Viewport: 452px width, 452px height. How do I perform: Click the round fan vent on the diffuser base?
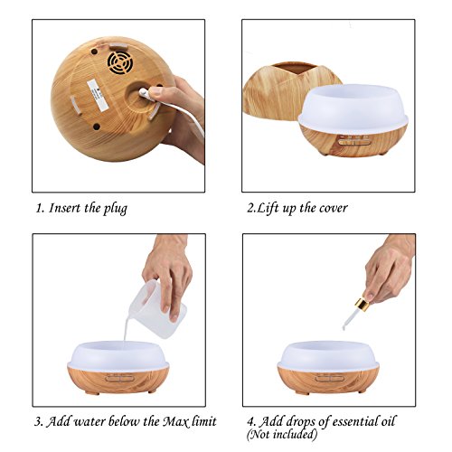coord(120,62)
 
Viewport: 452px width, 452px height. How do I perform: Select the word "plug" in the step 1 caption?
coord(116,209)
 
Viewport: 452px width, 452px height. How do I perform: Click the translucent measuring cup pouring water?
coord(156,308)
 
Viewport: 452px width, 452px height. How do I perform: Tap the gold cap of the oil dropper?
coord(362,305)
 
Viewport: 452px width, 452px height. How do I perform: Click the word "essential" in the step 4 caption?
coord(351,421)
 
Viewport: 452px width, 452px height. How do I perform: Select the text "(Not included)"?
coord(282,434)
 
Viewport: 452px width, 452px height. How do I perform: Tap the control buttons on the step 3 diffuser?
coord(119,378)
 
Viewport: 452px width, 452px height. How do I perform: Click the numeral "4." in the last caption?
coord(251,421)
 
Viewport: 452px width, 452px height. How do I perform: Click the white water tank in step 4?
coord(328,356)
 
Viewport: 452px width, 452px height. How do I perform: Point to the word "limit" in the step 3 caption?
coord(204,421)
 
